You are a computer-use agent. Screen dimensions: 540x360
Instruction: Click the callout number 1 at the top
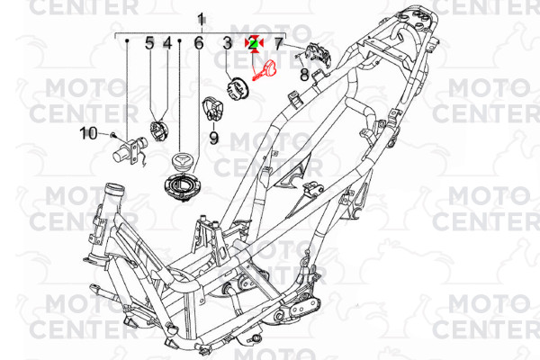(201, 20)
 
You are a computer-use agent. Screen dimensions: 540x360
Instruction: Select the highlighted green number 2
(254, 43)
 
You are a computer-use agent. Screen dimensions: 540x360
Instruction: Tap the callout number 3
(228, 43)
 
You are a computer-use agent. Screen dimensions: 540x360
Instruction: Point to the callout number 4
(167, 43)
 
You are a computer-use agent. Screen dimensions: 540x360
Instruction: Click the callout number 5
(149, 43)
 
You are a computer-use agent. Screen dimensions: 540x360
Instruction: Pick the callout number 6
(199, 43)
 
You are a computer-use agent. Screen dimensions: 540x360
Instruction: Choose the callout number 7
(278, 43)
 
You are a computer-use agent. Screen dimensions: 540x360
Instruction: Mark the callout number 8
(304, 75)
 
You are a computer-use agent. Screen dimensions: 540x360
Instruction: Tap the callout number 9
(214, 138)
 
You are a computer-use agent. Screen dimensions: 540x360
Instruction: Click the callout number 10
(88, 134)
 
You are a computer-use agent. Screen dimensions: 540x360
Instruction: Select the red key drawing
(265, 70)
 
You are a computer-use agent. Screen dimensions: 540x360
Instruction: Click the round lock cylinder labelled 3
(238, 89)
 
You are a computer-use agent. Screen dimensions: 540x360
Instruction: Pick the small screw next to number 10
(113, 136)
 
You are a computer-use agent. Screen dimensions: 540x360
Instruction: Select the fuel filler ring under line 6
(183, 187)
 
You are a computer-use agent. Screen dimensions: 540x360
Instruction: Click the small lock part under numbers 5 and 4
(158, 130)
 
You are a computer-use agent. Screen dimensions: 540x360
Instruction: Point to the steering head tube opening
(113, 190)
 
